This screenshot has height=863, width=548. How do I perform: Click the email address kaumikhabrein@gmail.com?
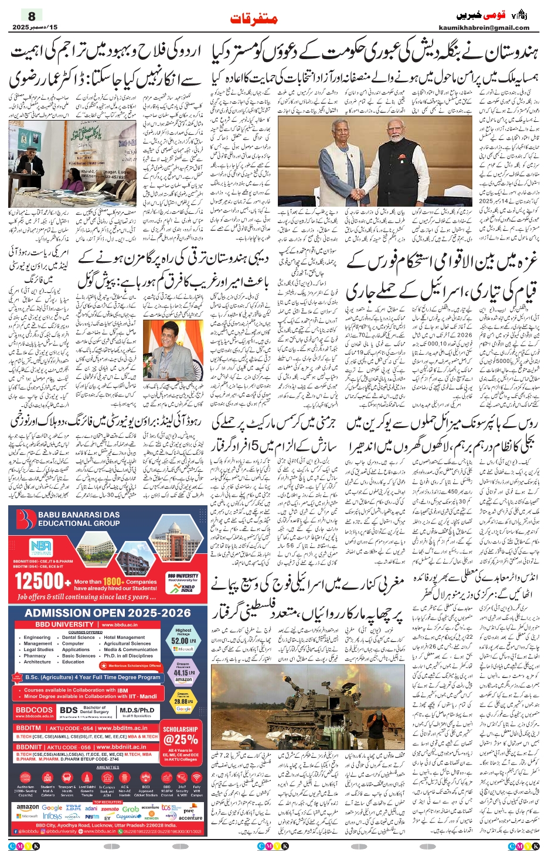click(x=484, y=28)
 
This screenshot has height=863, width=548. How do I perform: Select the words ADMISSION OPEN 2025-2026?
click(x=108, y=613)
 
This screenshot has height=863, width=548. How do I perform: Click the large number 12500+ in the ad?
click(x=42, y=581)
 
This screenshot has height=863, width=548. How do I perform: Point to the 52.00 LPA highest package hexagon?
click(x=183, y=640)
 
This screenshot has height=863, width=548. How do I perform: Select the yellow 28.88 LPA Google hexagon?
click(x=183, y=700)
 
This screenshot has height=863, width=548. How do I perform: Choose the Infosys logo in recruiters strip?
click(x=52, y=816)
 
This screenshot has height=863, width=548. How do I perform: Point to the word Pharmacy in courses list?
click(x=35, y=656)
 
